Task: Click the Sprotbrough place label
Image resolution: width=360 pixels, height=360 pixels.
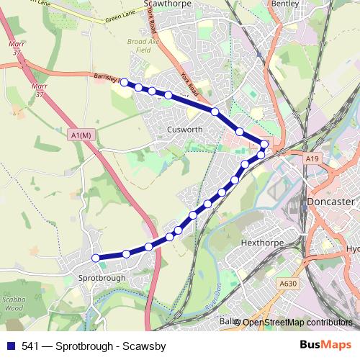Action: (102, 277)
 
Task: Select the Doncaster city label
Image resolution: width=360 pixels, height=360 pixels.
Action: (330, 202)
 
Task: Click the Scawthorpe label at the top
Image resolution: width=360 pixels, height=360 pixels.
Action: (166, 4)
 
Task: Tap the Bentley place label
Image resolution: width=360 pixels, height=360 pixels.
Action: (284, 4)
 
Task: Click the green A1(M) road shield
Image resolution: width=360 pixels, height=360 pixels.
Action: (81, 135)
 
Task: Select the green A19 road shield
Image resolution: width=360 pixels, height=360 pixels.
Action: (311, 158)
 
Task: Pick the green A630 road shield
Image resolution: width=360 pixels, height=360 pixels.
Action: (288, 284)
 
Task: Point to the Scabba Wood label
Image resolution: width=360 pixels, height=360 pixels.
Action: (14, 302)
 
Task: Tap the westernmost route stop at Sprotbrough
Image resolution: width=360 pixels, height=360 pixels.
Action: (95, 258)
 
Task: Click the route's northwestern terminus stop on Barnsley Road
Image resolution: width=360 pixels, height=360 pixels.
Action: (123, 82)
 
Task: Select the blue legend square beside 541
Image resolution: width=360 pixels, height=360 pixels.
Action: (11, 346)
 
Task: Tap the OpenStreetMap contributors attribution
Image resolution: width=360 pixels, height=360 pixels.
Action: (297, 323)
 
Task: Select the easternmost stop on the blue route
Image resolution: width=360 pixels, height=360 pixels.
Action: (265, 145)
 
